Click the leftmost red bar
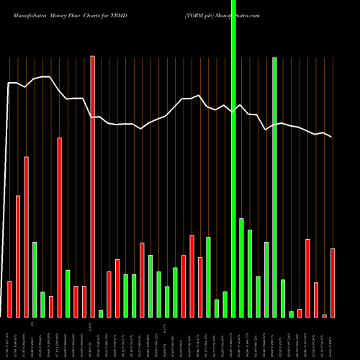[9, 299]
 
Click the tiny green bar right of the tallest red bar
[101, 313]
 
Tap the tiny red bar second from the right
[324, 315]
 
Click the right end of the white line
[332, 137]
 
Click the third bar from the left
[26, 237]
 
